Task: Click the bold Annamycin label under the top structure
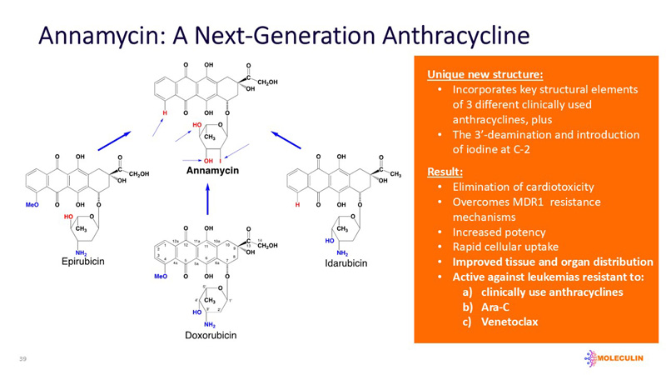pos(212,171)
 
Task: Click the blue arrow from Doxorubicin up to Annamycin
pos(208,197)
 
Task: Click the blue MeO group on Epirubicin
pos(33,203)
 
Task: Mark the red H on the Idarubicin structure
pos(297,203)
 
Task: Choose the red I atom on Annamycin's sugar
pos(220,160)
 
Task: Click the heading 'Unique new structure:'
pos(473,74)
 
